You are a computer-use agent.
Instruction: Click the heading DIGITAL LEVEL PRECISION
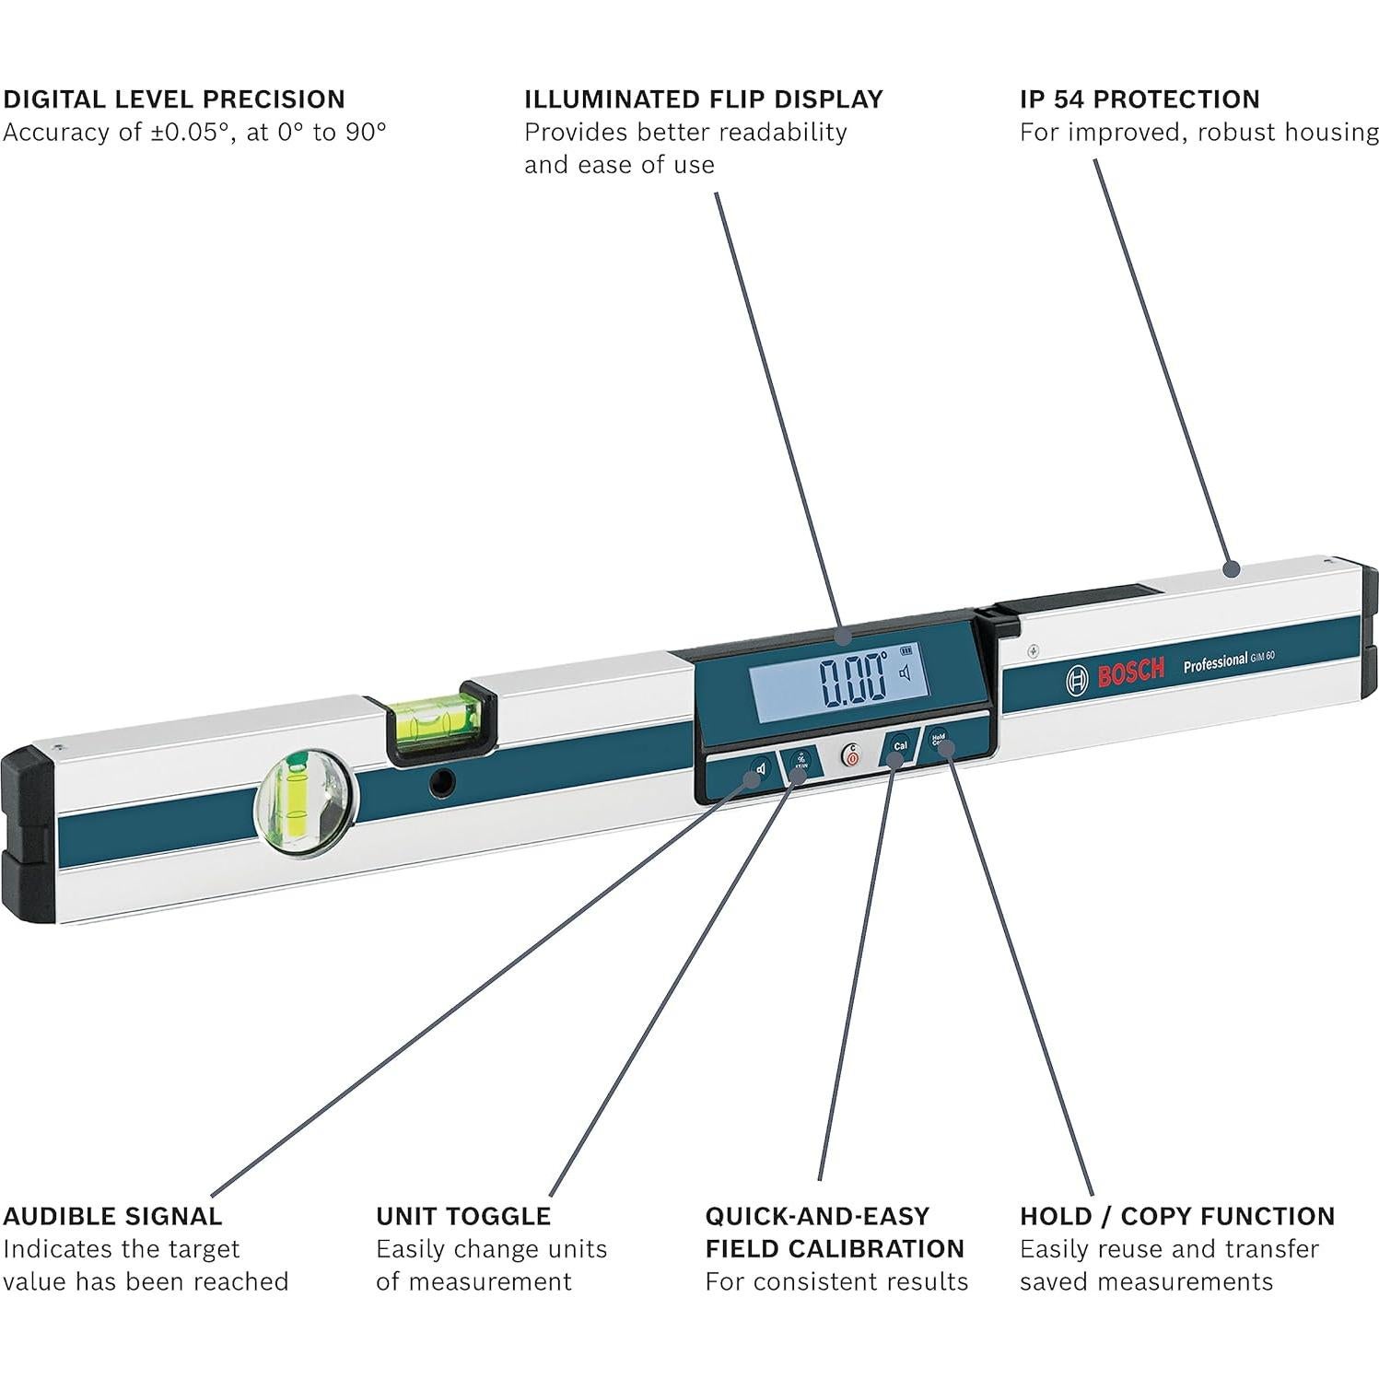(x=174, y=99)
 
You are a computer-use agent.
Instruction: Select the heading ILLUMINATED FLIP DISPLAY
(x=703, y=99)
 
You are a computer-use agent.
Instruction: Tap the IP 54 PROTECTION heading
(x=1139, y=99)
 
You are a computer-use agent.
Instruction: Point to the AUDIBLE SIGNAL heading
(x=112, y=1216)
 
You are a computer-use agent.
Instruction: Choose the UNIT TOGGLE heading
(x=463, y=1216)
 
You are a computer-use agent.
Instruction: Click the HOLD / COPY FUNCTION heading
(x=1176, y=1216)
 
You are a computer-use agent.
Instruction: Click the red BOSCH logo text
(x=1130, y=673)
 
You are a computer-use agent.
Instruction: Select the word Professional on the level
(x=1214, y=662)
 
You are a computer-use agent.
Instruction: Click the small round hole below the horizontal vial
(x=443, y=783)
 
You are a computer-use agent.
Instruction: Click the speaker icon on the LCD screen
(x=905, y=673)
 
